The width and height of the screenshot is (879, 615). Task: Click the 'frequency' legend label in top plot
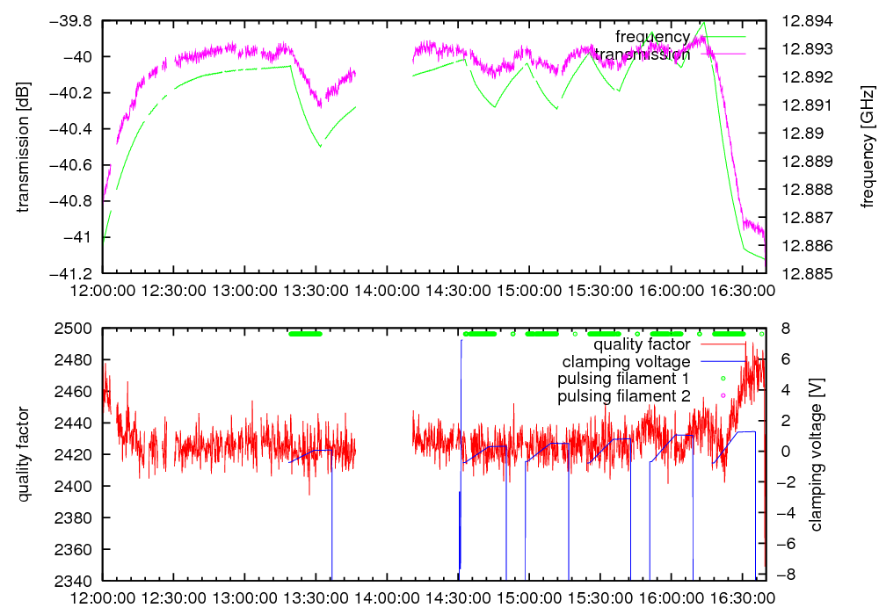pyautogui.click(x=652, y=37)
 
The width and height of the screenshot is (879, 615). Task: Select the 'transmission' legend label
pyautogui.click(x=643, y=54)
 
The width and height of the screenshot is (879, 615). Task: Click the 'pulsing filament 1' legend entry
pyautogui.click(x=621, y=379)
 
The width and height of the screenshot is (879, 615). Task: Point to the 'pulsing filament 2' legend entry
pyautogui.click(x=621, y=396)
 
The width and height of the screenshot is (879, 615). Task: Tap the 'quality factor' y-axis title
pyautogui.click(x=23, y=454)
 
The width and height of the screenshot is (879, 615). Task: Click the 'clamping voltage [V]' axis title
pyautogui.click(x=817, y=454)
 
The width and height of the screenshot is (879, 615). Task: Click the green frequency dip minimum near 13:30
pyautogui.click(x=320, y=146)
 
